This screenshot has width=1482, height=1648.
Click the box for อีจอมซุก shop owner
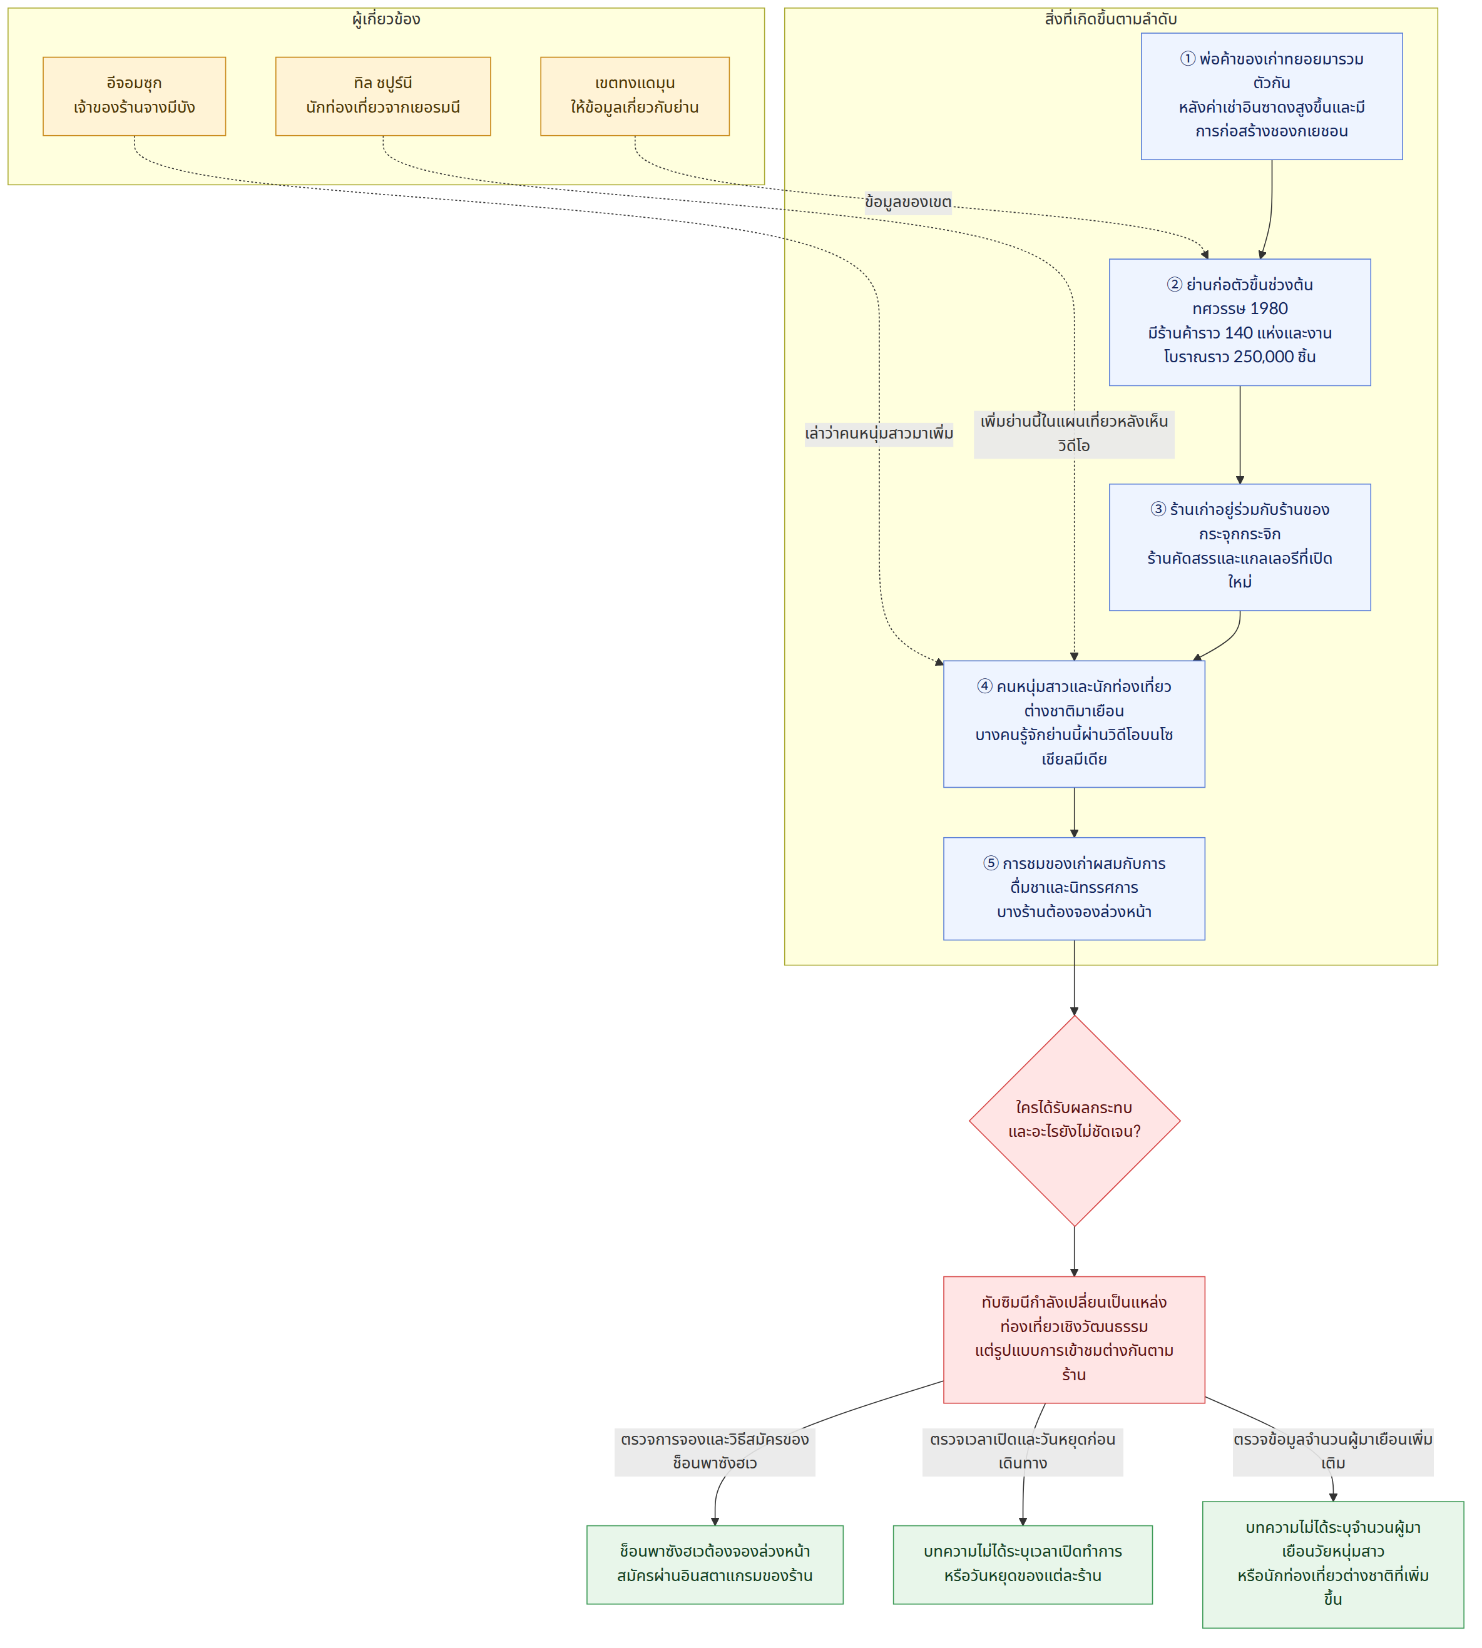click(x=135, y=96)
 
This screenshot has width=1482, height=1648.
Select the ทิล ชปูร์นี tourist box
click(x=383, y=96)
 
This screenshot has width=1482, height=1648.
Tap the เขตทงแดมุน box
click(x=635, y=96)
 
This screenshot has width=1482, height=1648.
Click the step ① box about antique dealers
click(x=1271, y=96)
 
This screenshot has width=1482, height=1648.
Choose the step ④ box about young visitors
click(x=1074, y=724)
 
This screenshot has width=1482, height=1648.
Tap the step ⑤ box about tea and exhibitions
click(x=1074, y=888)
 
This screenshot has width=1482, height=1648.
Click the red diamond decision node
click(x=1074, y=1121)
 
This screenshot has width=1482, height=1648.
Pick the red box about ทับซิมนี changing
click(x=1074, y=1340)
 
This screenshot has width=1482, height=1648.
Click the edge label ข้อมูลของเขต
click(x=908, y=202)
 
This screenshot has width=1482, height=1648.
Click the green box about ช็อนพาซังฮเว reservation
click(x=715, y=1564)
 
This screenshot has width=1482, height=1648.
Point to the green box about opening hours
click(x=1023, y=1564)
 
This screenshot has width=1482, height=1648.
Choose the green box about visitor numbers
click(x=1333, y=1564)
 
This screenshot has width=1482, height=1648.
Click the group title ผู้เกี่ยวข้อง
click(x=386, y=19)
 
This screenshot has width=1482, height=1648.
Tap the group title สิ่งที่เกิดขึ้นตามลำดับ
click(x=1111, y=19)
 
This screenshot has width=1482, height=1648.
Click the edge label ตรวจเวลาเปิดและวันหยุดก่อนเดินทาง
click(x=1023, y=1452)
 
